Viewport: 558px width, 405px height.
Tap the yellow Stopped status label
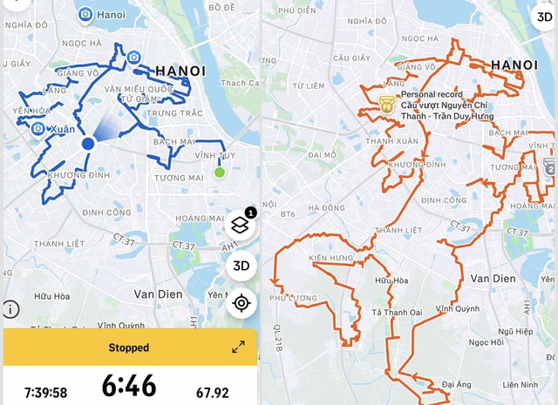click(x=128, y=348)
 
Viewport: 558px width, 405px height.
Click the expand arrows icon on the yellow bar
click(x=238, y=348)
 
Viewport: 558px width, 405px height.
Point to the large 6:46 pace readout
click(x=128, y=385)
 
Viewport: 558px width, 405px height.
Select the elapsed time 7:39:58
click(x=46, y=393)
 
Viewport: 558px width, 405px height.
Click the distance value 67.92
click(x=212, y=393)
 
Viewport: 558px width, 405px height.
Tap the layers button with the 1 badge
click(x=242, y=224)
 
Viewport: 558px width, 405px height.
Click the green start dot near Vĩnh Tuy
click(x=220, y=172)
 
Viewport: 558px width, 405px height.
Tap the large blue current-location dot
click(x=88, y=144)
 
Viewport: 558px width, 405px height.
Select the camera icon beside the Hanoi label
click(x=85, y=14)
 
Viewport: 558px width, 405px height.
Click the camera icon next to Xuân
click(x=38, y=129)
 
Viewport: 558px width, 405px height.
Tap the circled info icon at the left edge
click(x=10, y=309)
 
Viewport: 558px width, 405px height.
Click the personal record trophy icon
click(x=386, y=104)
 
